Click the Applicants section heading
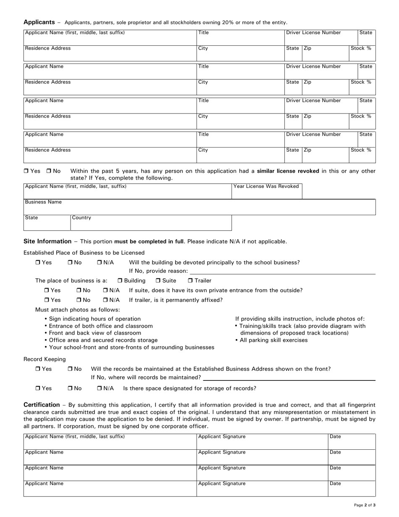coord(39,22)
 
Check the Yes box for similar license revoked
coord(26,171)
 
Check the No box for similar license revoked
coord(49,171)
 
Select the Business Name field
coord(199,207)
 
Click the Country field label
coord(81,218)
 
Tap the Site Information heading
coord(47,241)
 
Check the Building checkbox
coord(120,281)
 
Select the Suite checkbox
coord(158,281)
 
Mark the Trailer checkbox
coord(190,281)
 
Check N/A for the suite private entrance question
coord(105,290)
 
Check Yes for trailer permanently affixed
coord(47,300)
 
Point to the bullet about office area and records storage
coord(103,340)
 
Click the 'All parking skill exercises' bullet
coord(273,340)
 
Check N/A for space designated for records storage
coord(100,388)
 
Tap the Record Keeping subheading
coord(45,359)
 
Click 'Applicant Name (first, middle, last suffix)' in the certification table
coord(75,437)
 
